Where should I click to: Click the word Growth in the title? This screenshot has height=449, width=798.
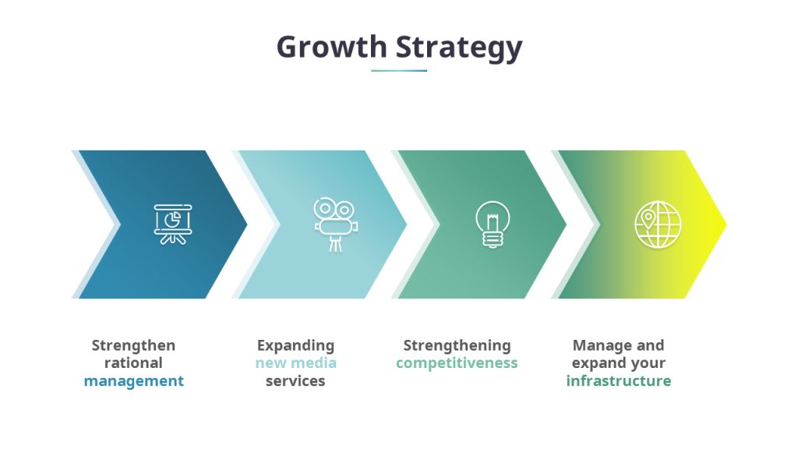(x=330, y=47)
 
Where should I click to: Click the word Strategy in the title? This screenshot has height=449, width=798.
(x=459, y=47)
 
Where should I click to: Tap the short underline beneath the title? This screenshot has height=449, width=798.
(x=399, y=71)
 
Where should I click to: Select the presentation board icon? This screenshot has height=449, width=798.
(x=173, y=224)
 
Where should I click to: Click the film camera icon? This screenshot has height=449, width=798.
(x=335, y=224)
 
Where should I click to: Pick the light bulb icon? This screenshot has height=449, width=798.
(x=493, y=224)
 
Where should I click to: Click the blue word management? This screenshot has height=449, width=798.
(x=134, y=381)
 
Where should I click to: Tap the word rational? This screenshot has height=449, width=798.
(x=134, y=363)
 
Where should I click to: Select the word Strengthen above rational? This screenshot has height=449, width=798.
(x=134, y=345)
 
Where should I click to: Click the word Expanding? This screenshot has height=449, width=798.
(x=295, y=345)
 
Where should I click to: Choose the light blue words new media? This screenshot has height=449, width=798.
(x=295, y=363)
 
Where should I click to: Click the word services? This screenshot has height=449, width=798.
(x=295, y=381)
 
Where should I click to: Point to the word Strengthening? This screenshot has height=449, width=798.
(x=457, y=345)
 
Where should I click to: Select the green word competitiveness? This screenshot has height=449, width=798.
(x=457, y=363)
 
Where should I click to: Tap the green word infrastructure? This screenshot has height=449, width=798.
(x=618, y=381)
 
